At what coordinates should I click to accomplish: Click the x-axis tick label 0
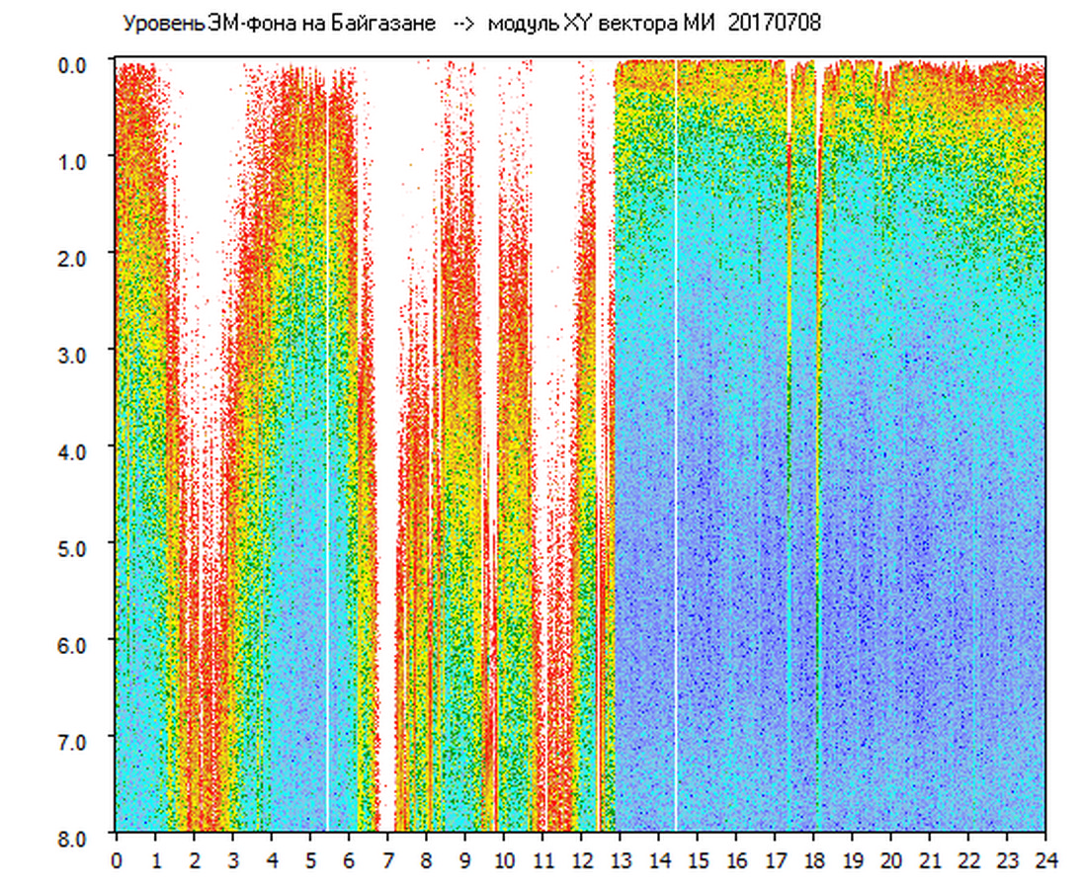[x=117, y=859]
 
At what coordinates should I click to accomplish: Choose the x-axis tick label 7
[x=387, y=859]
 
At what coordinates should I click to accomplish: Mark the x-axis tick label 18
[x=813, y=859]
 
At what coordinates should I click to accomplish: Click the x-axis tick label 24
[x=1045, y=859]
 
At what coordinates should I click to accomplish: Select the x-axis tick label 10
[x=504, y=859]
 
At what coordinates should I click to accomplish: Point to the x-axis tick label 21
[x=930, y=859]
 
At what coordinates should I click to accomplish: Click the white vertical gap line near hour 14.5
[x=677, y=444]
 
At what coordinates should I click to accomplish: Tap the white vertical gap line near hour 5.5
[x=327, y=444]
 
